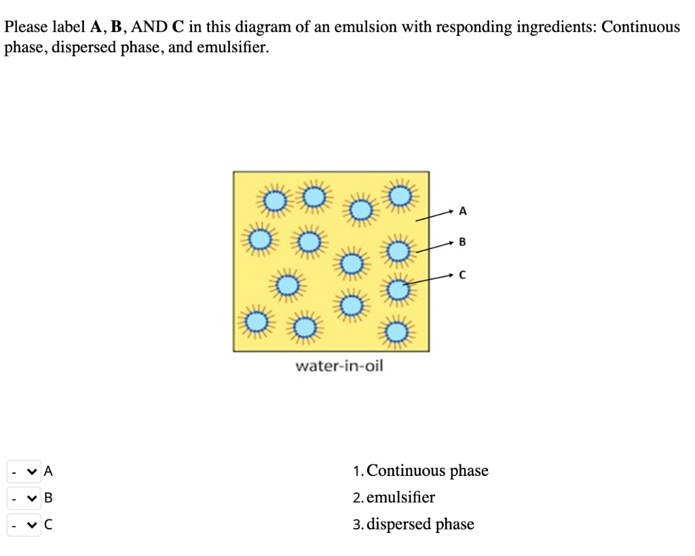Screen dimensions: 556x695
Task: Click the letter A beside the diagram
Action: [x=463, y=212]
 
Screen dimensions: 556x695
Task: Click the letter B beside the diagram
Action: [x=463, y=241]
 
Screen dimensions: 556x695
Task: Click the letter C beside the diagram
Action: [x=463, y=274]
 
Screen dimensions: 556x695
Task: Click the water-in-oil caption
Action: [x=339, y=367]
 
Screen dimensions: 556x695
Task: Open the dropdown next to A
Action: [x=24, y=470]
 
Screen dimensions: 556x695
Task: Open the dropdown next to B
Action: [x=24, y=498]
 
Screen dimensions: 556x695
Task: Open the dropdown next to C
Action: [x=24, y=525]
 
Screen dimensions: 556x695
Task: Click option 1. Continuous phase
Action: [x=421, y=470]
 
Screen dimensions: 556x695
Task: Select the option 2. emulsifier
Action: [x=394, y=498]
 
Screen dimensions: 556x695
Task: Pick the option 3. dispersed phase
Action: [x=414, y=525]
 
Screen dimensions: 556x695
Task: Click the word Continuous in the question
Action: [x=640, y=27]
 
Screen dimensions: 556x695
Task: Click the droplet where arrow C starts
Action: [x=398, y=291]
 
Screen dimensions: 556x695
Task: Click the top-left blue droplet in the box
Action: [x=274, y=200]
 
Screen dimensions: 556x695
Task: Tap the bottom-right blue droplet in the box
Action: [x=398, y=332]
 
